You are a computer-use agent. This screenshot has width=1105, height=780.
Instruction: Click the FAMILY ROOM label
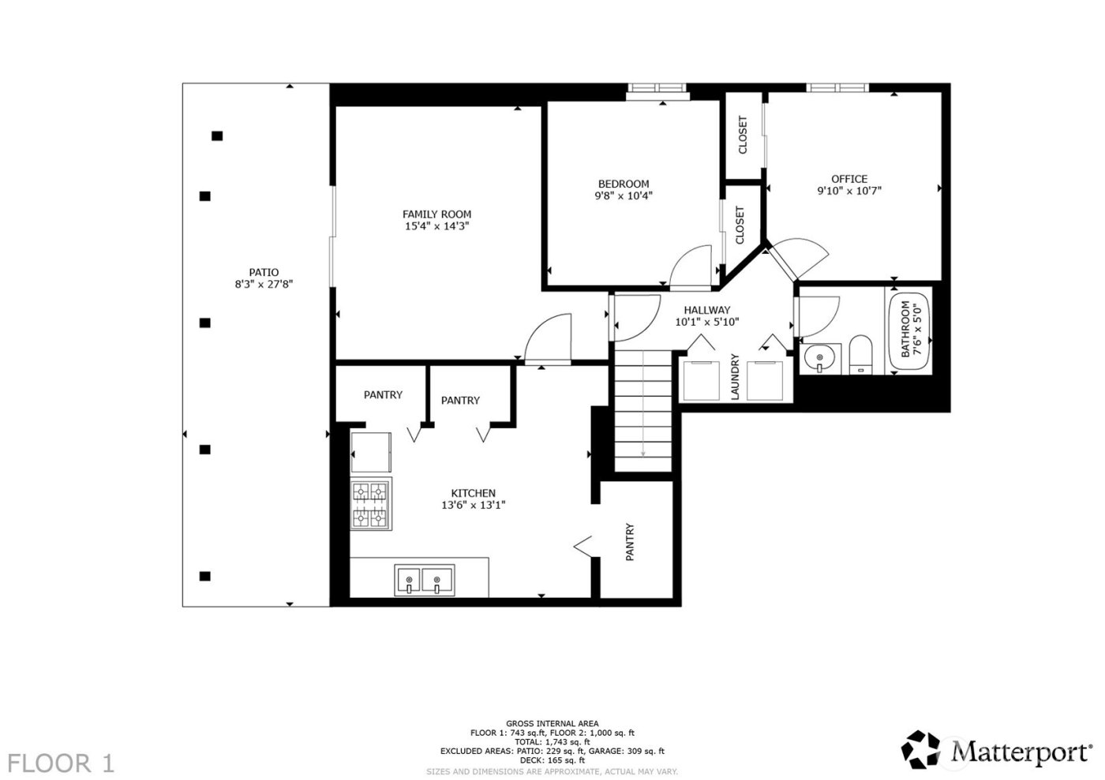coord(436,214)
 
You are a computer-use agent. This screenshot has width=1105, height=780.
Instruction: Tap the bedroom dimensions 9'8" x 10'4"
coord(623,196)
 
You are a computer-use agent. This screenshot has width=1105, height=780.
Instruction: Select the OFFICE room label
coord(848,179)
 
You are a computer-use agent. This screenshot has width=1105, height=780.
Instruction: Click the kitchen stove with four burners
coord(371,505)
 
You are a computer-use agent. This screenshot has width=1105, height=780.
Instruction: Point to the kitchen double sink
coord(425,580)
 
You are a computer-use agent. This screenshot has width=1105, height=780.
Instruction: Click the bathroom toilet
coord(860,356)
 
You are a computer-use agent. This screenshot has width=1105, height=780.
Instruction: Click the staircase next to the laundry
coord(644,410)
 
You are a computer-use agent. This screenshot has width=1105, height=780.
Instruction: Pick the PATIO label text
coord(264,273)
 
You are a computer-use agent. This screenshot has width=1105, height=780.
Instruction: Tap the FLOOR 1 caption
coord(62,763)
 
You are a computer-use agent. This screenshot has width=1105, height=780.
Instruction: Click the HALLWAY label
coord(706,310)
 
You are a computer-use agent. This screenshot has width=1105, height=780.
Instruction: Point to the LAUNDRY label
coord(735,377)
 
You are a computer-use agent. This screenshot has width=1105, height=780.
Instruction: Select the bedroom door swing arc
coord(693,267)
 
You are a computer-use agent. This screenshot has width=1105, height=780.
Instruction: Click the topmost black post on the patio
coord(217,136)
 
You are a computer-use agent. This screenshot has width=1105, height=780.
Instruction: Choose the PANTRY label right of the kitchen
coord(630,542)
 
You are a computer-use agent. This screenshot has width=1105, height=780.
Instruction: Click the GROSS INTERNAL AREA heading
coord(552,723)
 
